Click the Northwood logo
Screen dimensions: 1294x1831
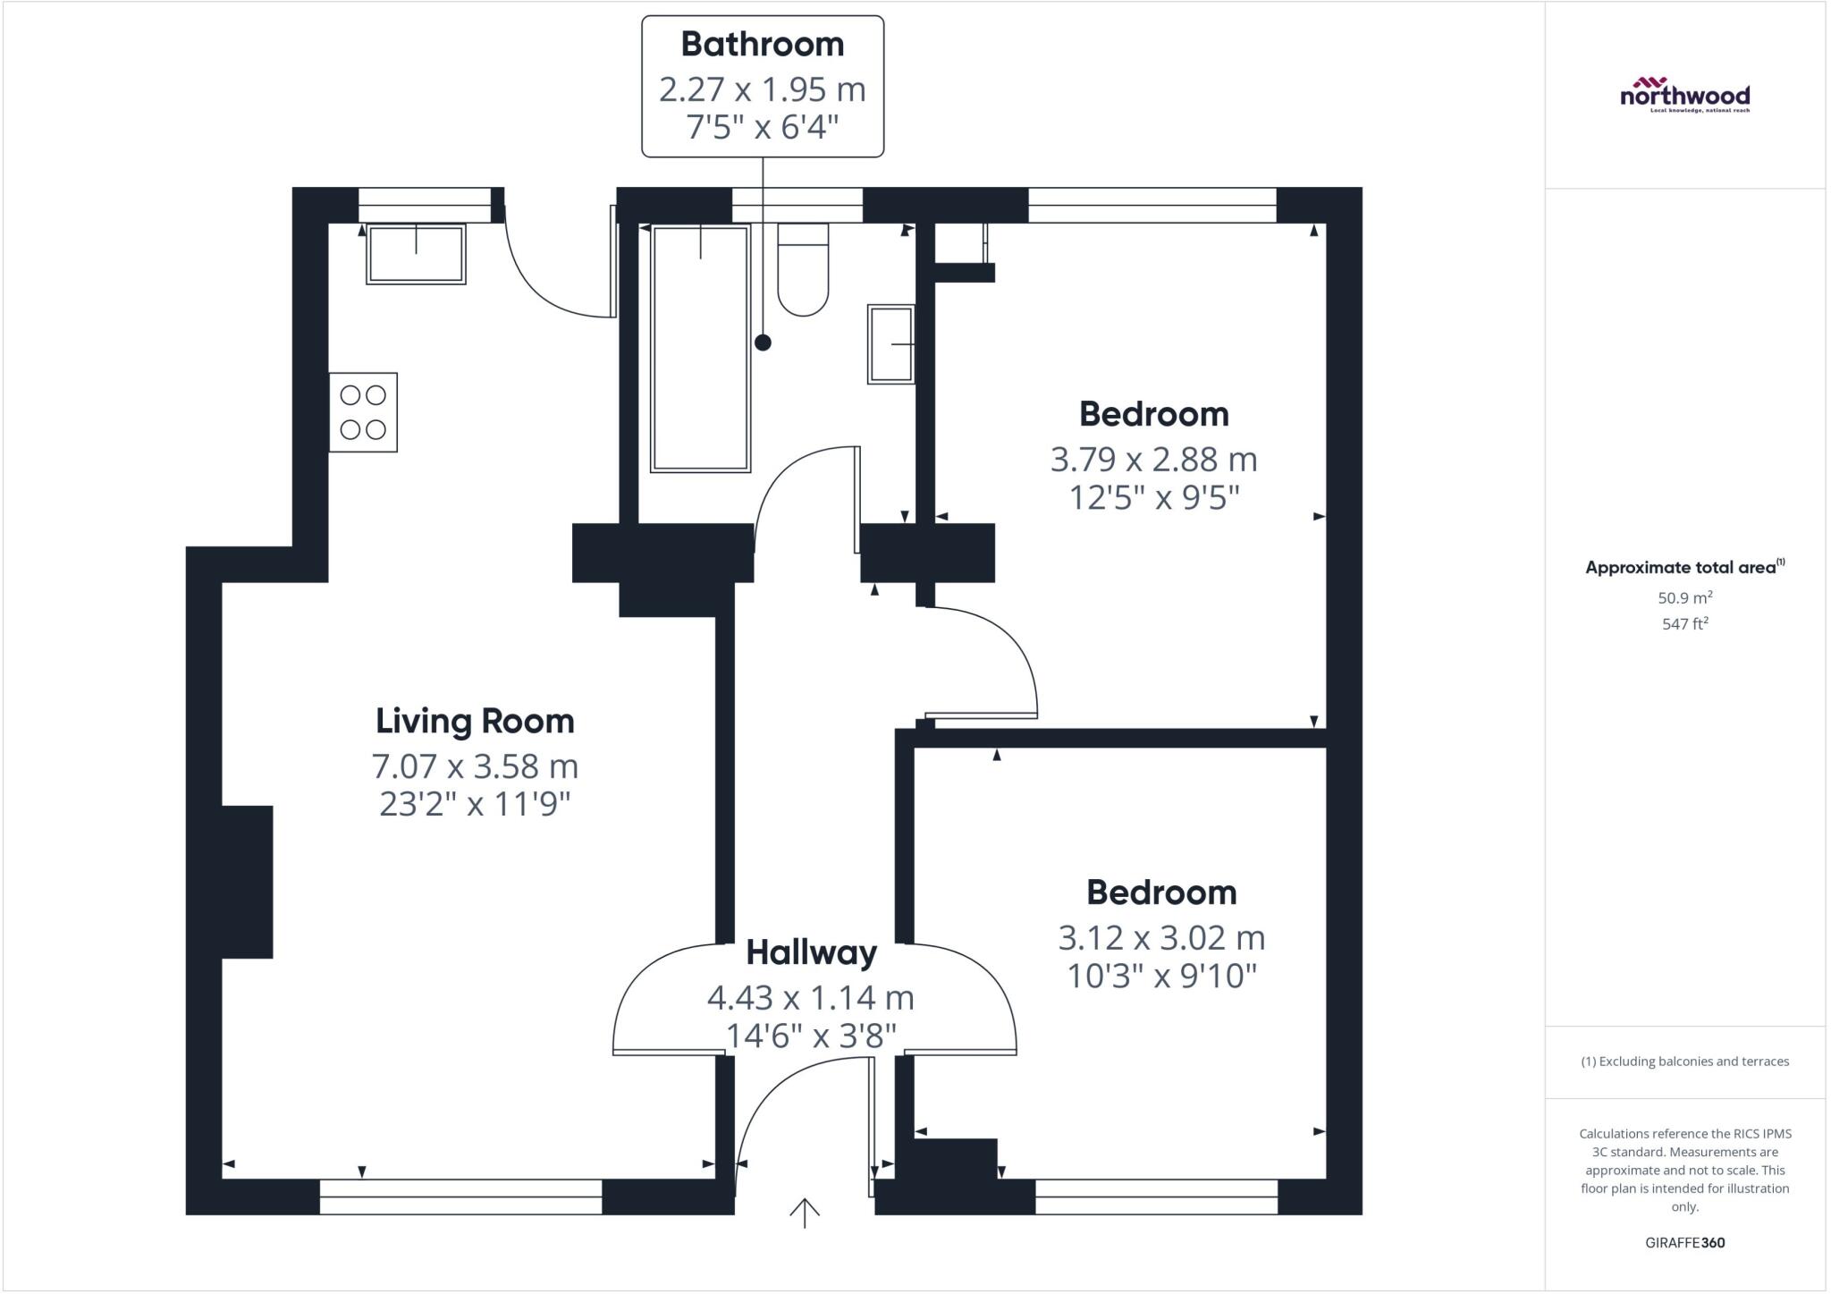1684,94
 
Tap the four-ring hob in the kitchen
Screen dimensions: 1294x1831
363,412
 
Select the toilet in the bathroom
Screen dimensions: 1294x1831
803,270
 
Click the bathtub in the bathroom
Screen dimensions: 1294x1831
700,349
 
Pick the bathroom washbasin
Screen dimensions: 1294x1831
890,344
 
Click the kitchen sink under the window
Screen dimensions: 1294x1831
416,254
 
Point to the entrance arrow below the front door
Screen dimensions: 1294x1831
805,1213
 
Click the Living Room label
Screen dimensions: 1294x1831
475,721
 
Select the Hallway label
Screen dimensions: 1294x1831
811,952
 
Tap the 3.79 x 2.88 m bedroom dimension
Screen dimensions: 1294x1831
1153,460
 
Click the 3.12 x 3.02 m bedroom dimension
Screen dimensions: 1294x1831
1161,938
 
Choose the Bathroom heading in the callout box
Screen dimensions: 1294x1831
763,44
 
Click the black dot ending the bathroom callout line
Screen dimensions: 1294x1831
763,342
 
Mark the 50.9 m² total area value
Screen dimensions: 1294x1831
1684,597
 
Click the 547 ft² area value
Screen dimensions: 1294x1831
1684,623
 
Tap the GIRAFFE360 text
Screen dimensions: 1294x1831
1684,1242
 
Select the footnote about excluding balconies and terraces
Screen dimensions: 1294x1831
1684,1061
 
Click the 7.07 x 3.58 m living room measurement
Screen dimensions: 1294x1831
475,766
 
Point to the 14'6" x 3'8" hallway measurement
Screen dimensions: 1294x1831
810,1036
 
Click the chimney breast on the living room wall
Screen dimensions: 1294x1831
247,882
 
